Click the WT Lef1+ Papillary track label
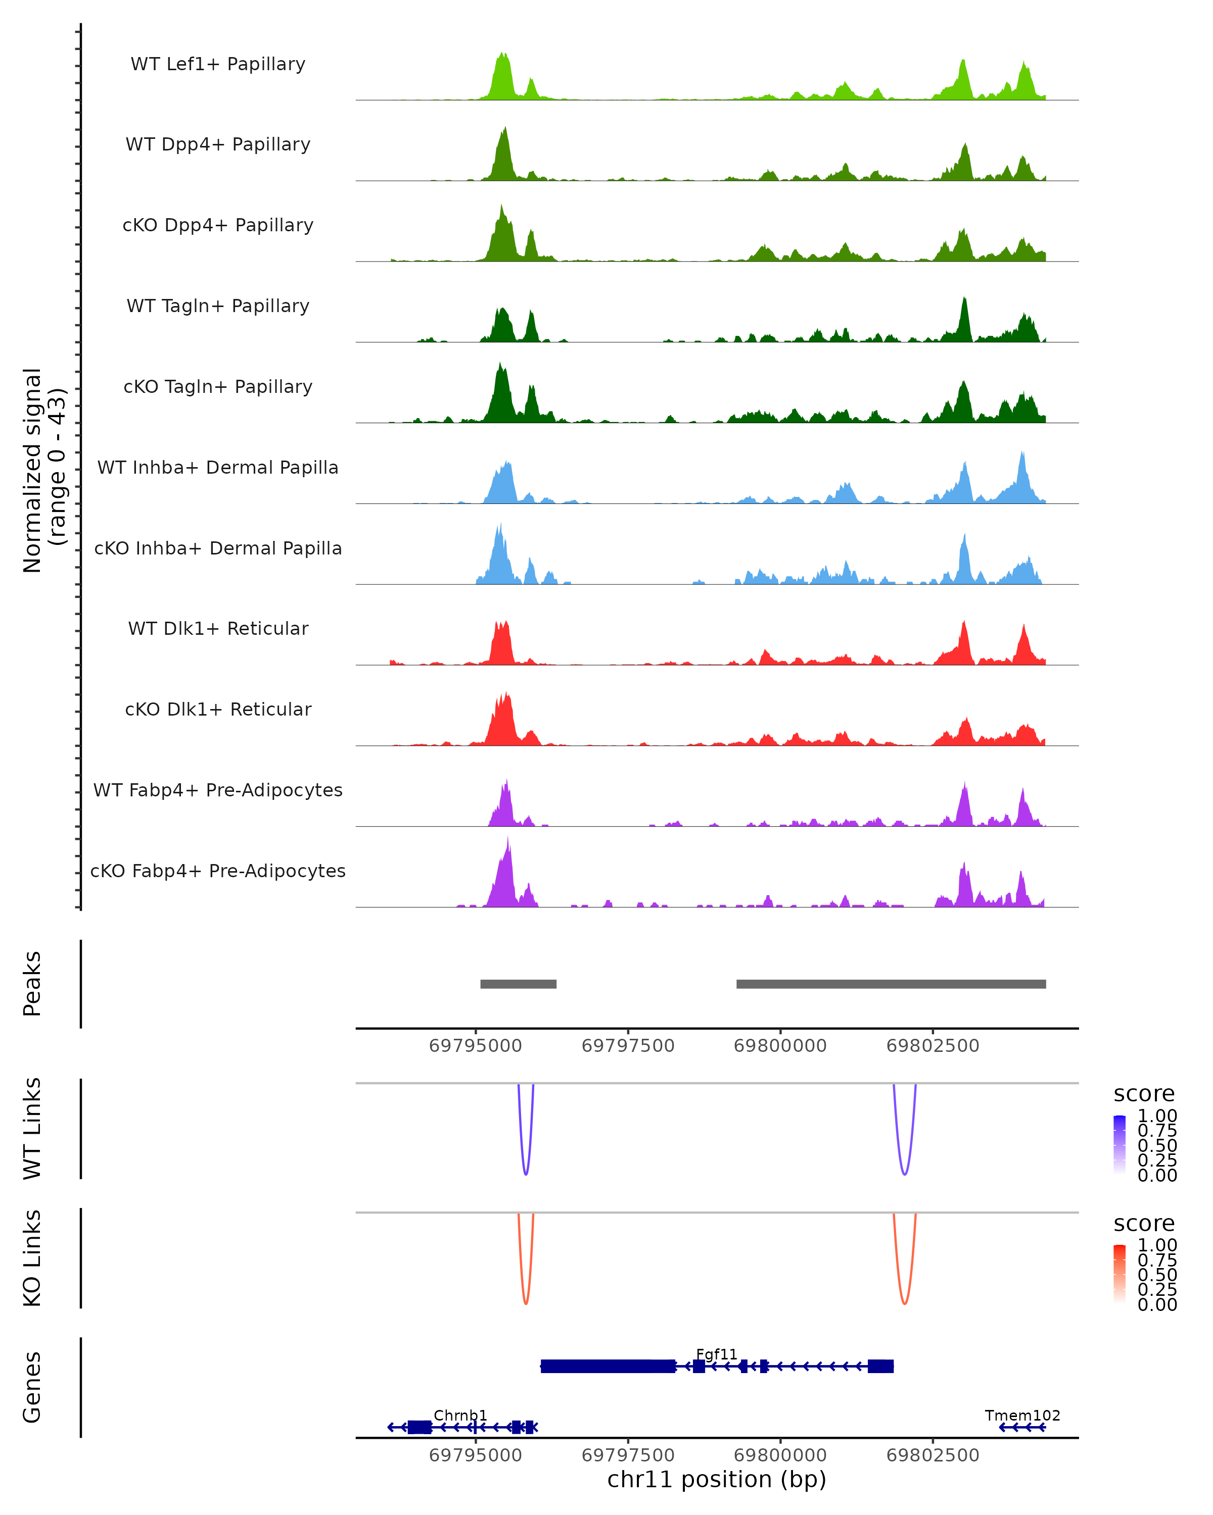pyautogui.click(x=218, y=64)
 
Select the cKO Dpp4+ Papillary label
pyautogui.click(x=218, y=226)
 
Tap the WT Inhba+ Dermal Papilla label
pyautogui.click(x=218, y=468)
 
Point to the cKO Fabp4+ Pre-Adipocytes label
pyautogui.click(x=218, y=871)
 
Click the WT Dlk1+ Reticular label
pyautogui.click(x=218, y=629)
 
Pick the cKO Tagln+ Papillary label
pyautogui.click(x=218, y=387)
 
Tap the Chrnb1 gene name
pyautogui.click(x=460, y=1415)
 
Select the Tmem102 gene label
pyautogui.click(x=1022, y=1415)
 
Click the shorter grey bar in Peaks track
pyautogui.click(x=518, y=984)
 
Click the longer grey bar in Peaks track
pyautogui.click(x=891, y=984)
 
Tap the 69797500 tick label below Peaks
pyautogui.click(x=628, y=1046)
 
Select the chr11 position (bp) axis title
pyautogui.click(x=717, y=1480)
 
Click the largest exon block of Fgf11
pyautogui.click(x=608, y=1366)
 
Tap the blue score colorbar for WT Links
pyautogui.click(x=1119, y=1145)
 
